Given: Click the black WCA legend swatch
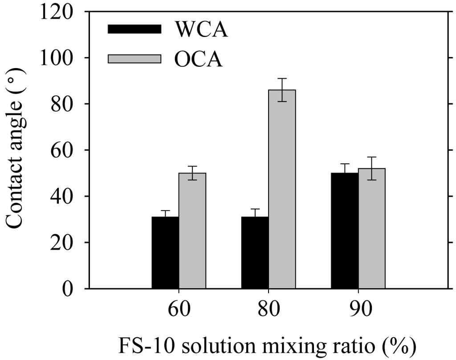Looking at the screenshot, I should click(134, 29).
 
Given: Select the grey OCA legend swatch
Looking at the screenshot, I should click(134, 59).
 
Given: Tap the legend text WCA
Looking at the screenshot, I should click(202, 29).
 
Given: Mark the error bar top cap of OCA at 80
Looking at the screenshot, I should click(281, 79).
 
